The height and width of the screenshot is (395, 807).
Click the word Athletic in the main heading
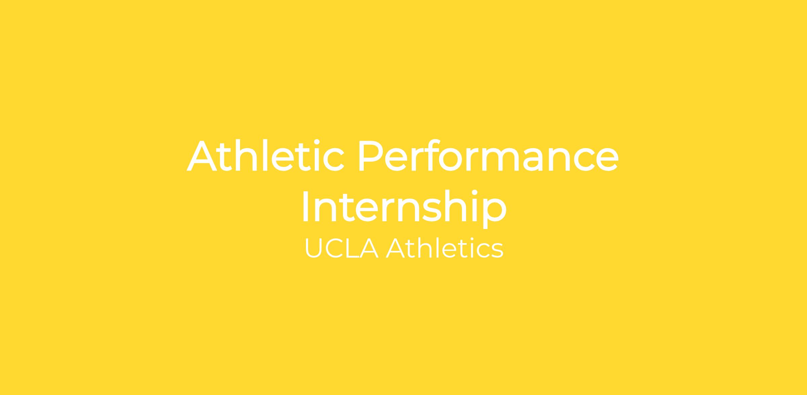(x=265, y=155)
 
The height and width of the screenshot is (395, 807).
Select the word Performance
(x=488, y=155)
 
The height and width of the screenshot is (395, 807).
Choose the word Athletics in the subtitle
(x=445, y=248)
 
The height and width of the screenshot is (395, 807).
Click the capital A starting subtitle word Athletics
(x=395, y=248)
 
